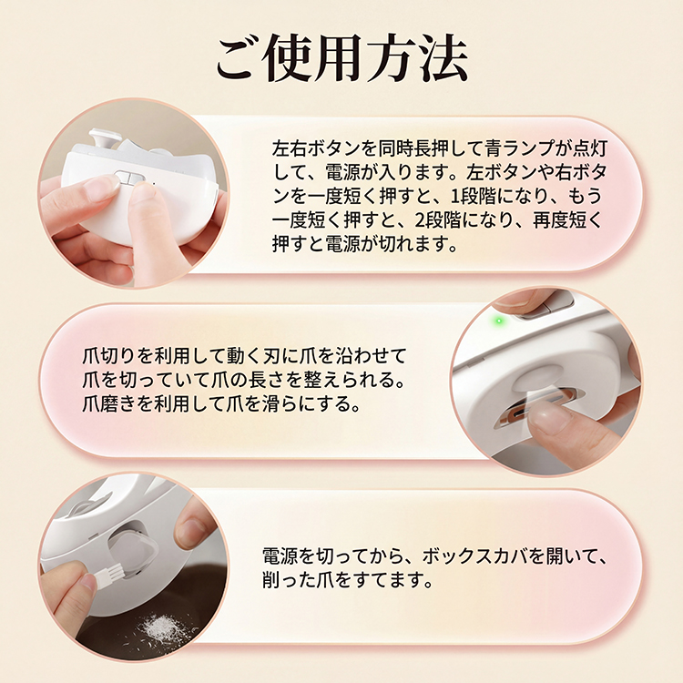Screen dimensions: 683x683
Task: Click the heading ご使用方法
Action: pos(341,59)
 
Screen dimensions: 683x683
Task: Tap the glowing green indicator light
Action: pos(498,321)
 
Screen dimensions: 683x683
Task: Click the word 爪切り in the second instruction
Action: pos(102,354)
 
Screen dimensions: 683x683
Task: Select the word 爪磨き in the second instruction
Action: pos(102,402)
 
